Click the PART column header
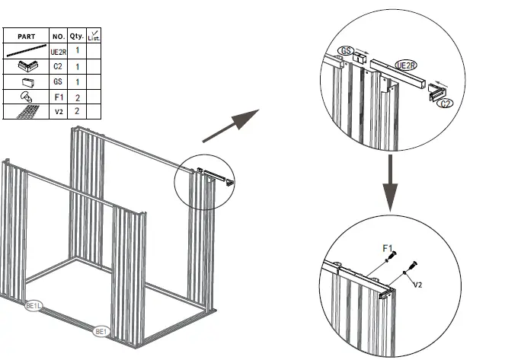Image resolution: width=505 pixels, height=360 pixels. pos(26,36)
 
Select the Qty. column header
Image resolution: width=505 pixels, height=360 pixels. pos(77,36)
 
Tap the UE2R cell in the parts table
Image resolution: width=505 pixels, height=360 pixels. pos(59,50)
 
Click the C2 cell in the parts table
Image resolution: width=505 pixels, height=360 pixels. pos(59,66)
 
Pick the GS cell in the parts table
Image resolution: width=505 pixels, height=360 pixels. pos(59,81)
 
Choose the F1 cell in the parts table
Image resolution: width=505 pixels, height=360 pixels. pos(59,97)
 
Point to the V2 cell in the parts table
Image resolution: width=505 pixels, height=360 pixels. pos(59,111)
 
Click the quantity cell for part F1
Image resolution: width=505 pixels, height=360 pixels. pos(77,97)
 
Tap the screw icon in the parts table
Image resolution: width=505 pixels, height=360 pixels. pos(25,97)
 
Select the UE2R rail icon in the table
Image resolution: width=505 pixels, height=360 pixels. pos(26,51)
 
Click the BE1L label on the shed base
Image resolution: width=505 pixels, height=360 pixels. pos(34,304)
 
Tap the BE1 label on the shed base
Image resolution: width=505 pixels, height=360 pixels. pos(100,332)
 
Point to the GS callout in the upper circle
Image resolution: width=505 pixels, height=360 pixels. pos(347,52)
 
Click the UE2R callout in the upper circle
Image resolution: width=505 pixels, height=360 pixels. pos(406,66)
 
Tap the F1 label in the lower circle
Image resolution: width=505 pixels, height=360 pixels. pos(387,248)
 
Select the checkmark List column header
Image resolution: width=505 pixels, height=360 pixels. pos(94,36)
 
